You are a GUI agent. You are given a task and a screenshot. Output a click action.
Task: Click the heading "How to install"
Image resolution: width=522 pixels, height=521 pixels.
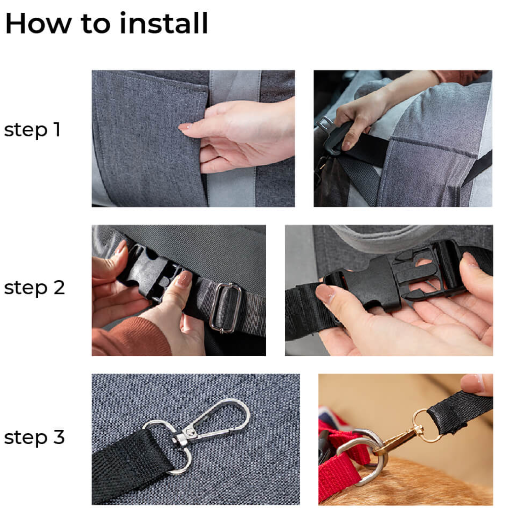point(106,23)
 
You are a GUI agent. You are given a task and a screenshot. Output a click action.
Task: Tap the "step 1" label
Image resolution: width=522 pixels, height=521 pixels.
point(32,130)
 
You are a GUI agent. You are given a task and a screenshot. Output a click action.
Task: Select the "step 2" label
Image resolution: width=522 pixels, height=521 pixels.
point(34,288)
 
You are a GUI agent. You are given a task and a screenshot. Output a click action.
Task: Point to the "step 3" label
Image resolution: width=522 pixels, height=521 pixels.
point(34,437)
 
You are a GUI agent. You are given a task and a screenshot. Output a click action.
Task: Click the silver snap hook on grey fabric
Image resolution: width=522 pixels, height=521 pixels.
point(212,424)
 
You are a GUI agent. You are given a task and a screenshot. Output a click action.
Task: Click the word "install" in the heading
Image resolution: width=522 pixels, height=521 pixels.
point(164,23)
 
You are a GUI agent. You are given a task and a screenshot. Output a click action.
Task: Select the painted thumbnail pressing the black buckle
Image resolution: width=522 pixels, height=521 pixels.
point(183,279)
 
